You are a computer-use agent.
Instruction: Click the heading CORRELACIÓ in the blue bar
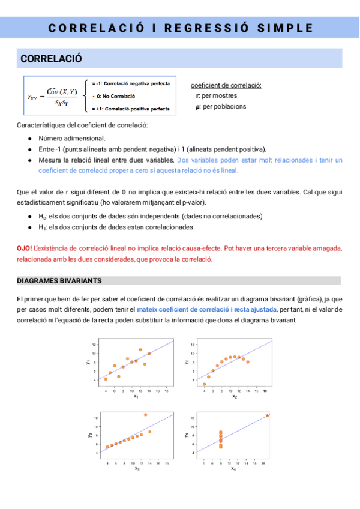[51, 59]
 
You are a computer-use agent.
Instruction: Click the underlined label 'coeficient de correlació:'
[225, 85]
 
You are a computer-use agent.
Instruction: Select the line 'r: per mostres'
[217, 95]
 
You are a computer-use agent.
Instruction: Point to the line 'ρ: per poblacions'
[221, 106]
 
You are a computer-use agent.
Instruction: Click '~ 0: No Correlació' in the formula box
[113, 95]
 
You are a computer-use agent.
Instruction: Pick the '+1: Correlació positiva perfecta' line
[130, 109]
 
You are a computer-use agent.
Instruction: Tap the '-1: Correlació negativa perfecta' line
[130, 83]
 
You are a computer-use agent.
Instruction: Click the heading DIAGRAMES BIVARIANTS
[59, 281]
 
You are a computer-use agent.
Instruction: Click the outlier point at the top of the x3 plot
[145, 415]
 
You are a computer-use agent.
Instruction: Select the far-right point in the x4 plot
[267, 415]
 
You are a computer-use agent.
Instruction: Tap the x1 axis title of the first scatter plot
[136, 396]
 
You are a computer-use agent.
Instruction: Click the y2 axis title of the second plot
[187, 362]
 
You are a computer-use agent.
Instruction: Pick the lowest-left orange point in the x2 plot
[204, 384]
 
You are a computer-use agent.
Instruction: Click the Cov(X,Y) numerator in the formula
[62, 91]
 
